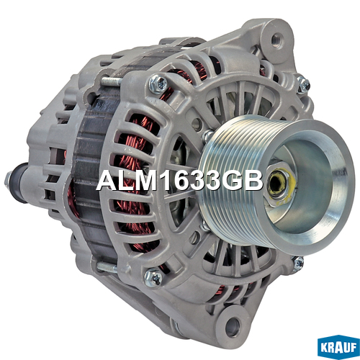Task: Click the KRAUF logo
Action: pyautogui.click(x=338, y=347)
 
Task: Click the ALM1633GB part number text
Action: pyautogui.click(x=180, y=180)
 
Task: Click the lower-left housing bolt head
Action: pyautogui.click(x=153, y=277)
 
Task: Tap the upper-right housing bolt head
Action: pyautogui.click(x=304, y=84)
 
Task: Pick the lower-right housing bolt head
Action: pyautogui.click(x=297, y=264)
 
